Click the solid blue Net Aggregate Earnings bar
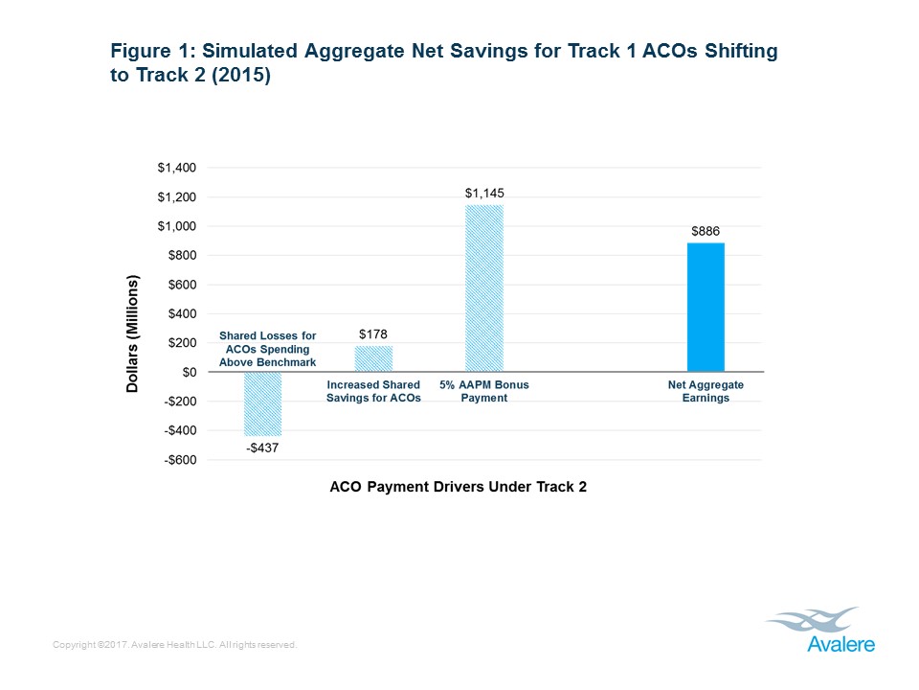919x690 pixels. [x=706, y=307]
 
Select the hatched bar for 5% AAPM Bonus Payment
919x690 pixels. [x=483, y=287]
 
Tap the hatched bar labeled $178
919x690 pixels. [x=373, y=358]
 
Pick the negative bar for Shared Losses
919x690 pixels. [x=262, y=403]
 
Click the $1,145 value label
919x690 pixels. [x=483, y=193]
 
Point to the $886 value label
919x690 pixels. [x=706, y=231]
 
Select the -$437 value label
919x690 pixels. [x=262, y=448]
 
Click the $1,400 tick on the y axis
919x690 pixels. [x=176, y=168]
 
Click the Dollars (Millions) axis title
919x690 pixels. [x=133, y=333]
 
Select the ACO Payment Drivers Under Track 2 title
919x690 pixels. [x=458, y=487]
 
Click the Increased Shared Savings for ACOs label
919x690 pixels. [x=373, y=391]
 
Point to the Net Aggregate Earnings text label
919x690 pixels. [x=706, y=391]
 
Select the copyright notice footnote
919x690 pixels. [x=176, y=645]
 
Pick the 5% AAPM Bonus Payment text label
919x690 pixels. [x=483, y=391]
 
